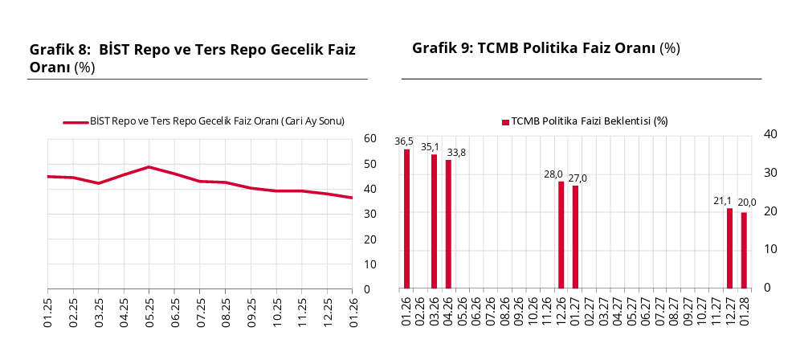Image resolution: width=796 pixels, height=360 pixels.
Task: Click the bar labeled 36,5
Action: click(x=406, y=219)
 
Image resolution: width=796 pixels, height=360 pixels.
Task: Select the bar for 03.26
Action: click(x=435, y=221)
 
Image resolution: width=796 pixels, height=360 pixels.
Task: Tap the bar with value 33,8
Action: click(x=448, y=223)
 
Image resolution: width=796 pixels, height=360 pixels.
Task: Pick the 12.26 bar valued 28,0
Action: click(x=561, y=235)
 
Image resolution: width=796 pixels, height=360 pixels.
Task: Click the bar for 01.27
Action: click(x=575, y=236)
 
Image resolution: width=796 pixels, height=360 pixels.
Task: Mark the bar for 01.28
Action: click(x=744, y=250)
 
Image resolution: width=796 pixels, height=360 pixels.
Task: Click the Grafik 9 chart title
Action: click(x=545, y=48)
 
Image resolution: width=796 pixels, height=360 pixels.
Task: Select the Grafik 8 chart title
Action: click(x=192, y=58)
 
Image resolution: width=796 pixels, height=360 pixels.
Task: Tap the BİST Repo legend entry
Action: click(x=204, y=121)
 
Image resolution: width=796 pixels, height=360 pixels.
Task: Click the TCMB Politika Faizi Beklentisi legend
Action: click(x=585, y=121)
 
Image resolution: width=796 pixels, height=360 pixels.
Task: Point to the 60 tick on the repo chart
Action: click(x=370, y=139)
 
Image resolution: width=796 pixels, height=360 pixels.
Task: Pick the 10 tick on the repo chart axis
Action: click(x=370, y=264)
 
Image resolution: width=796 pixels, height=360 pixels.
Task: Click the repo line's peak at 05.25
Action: click(x=149, y=167)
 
